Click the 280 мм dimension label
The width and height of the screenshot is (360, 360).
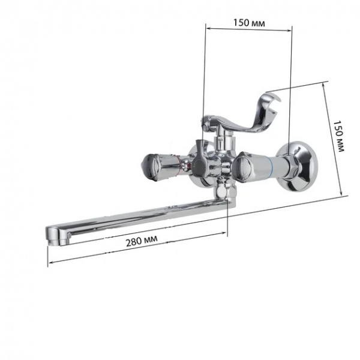[x=142, y=241]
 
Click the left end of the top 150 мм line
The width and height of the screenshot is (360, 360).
[x=206, y=28]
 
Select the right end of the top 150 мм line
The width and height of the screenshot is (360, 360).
[x=292, y=28]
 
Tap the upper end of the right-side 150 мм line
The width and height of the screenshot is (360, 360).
[x=326, y=82]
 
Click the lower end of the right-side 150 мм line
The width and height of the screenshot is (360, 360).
[x=343, y=194]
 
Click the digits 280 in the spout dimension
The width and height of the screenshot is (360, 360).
[x=134, y=242]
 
